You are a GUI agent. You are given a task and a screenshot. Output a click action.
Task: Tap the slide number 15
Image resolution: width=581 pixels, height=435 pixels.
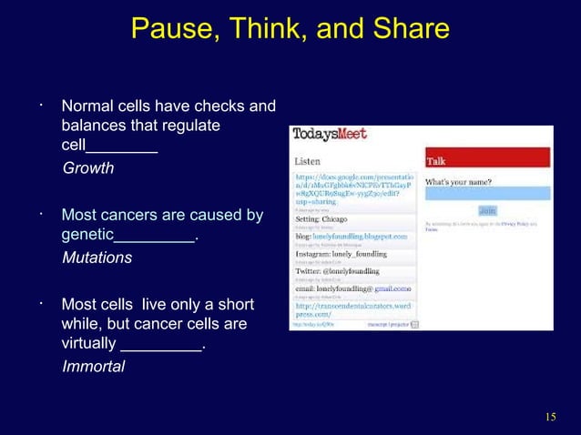pyautogui.click(x=549, y=417)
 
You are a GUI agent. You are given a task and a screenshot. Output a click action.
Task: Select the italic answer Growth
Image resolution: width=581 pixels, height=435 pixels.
pyautogui.click(x=87, y=168)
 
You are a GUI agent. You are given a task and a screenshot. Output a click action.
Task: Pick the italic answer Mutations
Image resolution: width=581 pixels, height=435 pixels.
pyautogui.click(x=97, y=258)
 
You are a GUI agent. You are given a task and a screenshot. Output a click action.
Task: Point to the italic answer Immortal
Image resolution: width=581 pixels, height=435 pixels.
pyautogui.click(x=93, y=367)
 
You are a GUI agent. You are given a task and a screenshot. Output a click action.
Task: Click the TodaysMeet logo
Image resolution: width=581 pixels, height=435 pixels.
pyautogui.click(x=330, y=135)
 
